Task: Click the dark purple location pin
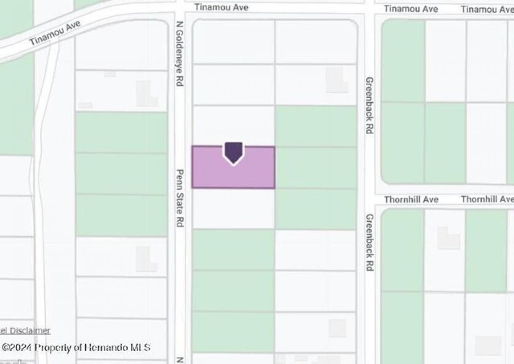click(233, 152)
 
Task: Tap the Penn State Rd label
click(180, 198)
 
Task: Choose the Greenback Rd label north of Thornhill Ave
click(369, 105)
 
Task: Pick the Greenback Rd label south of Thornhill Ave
click(369, 242)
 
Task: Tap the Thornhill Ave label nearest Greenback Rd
click(411, 199)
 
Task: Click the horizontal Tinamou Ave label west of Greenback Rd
click(221, 7)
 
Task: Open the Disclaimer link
click(30, 331)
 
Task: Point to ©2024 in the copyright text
click(18, 347)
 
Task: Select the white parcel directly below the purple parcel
click(233, 208)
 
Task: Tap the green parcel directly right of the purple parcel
click(316, 167)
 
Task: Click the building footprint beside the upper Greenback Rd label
click(337, 80)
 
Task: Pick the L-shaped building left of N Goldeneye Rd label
click(146, 94)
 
